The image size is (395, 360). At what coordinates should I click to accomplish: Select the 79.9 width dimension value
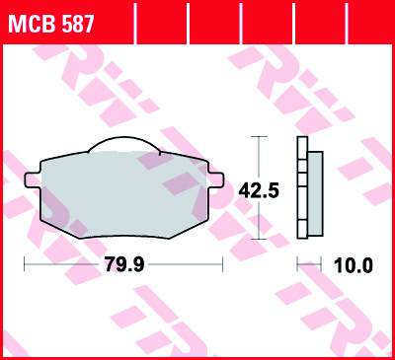coord(123,264)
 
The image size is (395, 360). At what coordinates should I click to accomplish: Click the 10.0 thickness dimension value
coord(353,264)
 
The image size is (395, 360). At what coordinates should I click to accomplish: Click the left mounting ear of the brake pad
coord(31,180)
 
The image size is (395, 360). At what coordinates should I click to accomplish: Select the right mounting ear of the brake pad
coord(216,180)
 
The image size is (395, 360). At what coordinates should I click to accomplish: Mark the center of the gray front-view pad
coord(123,192)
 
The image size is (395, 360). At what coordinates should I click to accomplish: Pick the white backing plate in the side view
coord(302,188)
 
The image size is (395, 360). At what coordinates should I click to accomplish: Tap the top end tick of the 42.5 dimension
coord(259,137)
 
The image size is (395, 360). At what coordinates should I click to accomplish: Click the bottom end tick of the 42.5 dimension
coord(259,240)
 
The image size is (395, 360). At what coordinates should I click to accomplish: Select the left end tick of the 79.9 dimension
coord(25,264)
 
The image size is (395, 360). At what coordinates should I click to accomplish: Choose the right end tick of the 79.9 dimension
coord(222,264)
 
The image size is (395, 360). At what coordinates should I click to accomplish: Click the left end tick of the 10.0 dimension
coord(299,264)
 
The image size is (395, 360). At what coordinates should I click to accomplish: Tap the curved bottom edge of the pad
coord(123,237)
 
